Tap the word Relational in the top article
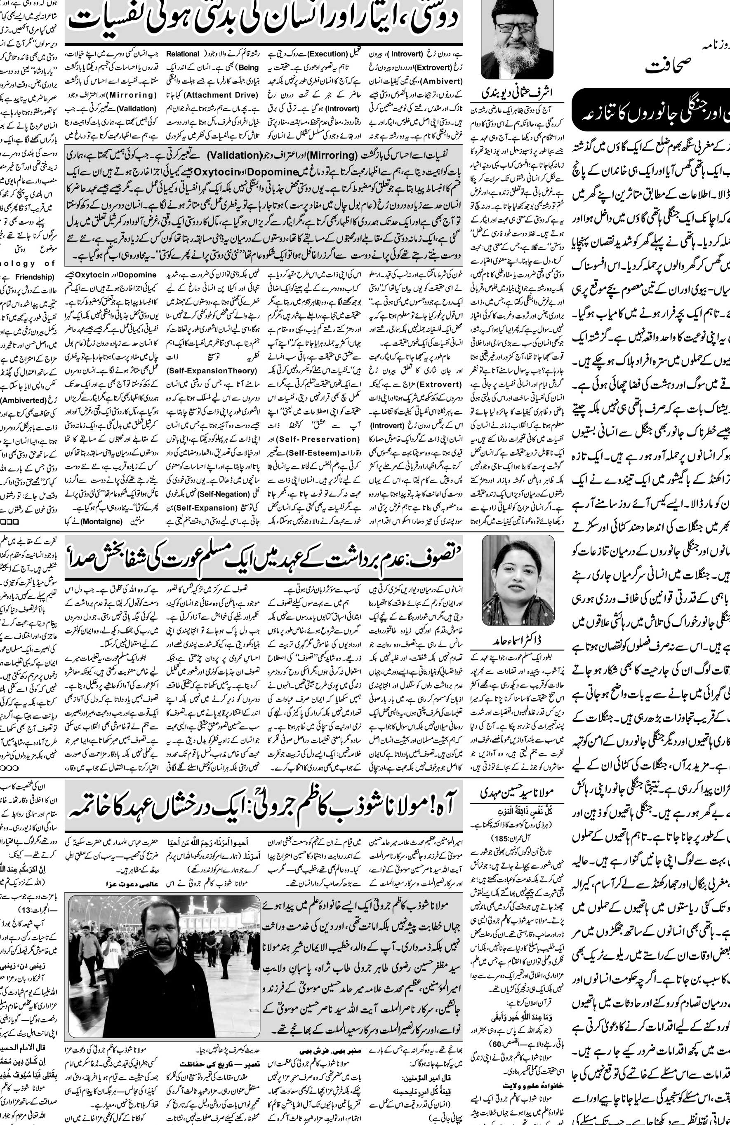click(183, 54)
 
